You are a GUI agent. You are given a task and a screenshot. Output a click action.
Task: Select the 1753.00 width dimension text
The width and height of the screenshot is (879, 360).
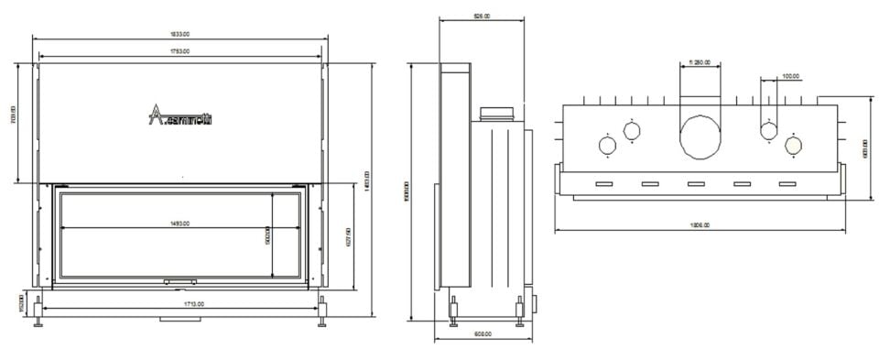[x=180, y=51]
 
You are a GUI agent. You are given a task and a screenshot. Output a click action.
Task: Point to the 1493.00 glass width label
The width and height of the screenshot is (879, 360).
[x=181, y=223]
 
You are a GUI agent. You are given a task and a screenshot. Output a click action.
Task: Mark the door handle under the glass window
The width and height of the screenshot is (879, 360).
[x=179, y=281]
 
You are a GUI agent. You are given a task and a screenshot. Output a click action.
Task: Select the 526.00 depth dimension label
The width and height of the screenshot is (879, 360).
[x=481, y=16]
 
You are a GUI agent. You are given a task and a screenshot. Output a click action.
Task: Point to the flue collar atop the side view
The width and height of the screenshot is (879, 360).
[x=498, y=114]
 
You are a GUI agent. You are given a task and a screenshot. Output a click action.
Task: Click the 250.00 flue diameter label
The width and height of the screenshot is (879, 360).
[x=701, y=62]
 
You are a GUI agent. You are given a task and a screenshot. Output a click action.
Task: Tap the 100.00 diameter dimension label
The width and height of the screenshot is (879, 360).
[x=790, y=76]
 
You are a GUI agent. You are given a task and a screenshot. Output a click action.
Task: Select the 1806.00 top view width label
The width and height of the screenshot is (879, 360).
[x=700, y=224]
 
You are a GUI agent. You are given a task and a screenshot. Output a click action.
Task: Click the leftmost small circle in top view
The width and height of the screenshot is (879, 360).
[x=607, y=145]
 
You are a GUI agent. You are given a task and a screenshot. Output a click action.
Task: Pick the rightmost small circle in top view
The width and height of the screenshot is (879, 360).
[x=793, y=143]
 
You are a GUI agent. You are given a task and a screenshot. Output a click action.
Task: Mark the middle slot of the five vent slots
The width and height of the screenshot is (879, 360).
[x=696, y=184]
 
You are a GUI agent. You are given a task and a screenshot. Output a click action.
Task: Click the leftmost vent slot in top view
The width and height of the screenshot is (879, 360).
[x=604, y=184]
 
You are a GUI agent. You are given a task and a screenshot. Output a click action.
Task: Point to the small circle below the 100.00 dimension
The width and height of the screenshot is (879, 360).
[x=769, y=130]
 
